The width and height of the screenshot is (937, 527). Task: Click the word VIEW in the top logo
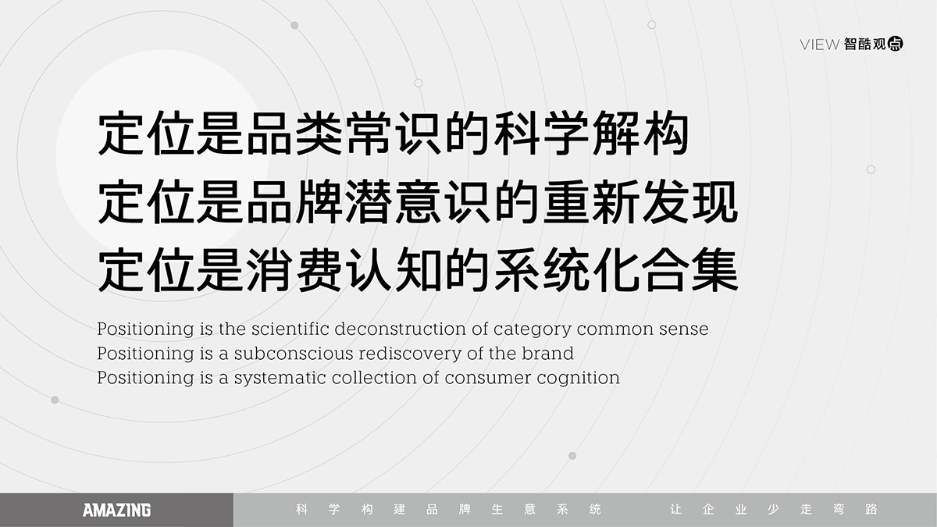tap(819, 45)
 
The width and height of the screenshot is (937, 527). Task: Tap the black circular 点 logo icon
tap(895, 44)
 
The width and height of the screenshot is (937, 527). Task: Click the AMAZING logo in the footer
tap(116, 510)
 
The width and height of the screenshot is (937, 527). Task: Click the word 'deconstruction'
tap(401, 329)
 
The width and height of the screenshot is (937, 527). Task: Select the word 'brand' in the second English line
tap(547, 354)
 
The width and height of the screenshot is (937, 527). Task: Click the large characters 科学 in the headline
tap(518, 133)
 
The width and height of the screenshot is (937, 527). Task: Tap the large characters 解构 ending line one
tap(641, 133)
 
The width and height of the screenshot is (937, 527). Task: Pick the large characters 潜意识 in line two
tap(419, 201)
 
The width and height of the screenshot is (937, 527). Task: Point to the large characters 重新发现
tap(641, 201)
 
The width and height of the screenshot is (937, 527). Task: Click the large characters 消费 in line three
tap(294, 270)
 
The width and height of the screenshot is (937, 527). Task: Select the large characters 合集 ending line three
tap(690, 270)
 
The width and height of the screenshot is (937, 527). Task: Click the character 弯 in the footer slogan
tap(839, 509)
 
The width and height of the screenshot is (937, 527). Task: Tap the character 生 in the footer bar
tap(497, 509)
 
